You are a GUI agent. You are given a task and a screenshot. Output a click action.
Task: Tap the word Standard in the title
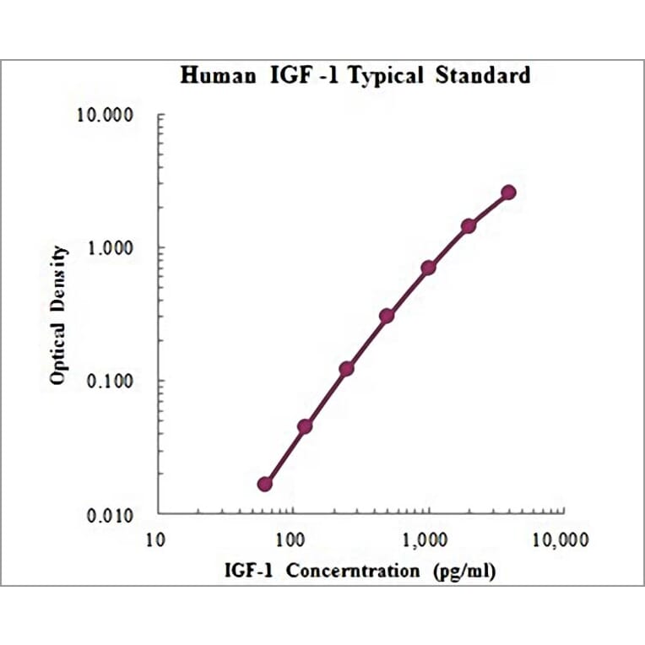click(x=484, y=76)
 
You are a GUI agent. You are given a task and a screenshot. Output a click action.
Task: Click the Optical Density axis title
click(x=58, y=315)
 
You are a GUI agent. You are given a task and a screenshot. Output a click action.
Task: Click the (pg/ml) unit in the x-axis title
click(x=463, y=572)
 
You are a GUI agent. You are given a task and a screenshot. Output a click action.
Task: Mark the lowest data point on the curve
click(x=265, y=484)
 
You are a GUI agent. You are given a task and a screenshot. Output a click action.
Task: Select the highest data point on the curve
click(x=508, y=192)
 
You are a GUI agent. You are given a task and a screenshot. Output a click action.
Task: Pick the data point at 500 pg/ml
click(x=387, y=316)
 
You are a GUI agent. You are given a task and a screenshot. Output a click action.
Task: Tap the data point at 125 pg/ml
click(x=305, y=426)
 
